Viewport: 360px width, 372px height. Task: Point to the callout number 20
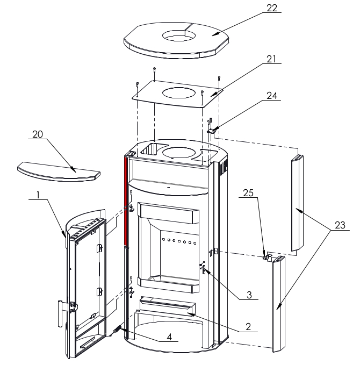pyautogui.click(x=37, y=134)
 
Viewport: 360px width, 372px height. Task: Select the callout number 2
pyautogui.click(x=249, y=326)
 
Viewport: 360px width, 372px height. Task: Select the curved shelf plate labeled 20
pyautogui.click(x=59, y=170)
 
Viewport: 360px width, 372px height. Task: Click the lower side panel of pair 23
pyautogui.click(x=279, y=304)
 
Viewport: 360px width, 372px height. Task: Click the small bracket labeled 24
pyautogui.click(x=213, y=130)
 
